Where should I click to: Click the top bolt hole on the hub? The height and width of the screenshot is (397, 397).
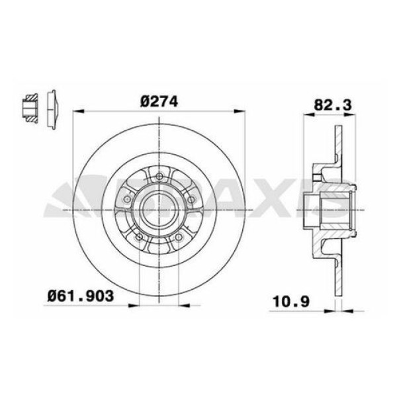(160, 175)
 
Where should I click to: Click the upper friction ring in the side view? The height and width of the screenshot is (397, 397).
(339, 146)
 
